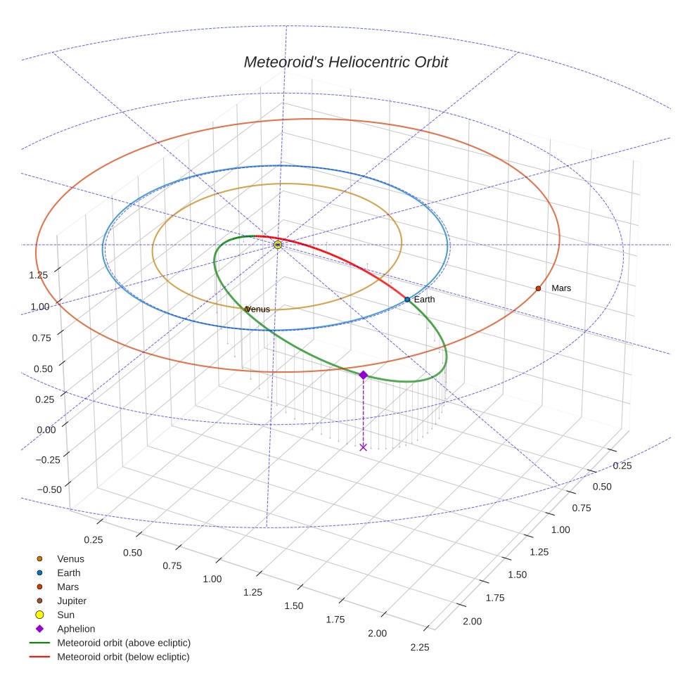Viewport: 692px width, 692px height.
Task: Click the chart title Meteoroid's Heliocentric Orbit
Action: (345, 62)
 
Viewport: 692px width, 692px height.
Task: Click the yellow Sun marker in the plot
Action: (278, 244)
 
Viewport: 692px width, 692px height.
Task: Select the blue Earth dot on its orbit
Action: (407, 300)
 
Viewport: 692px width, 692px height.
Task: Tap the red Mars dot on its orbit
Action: (538, 288)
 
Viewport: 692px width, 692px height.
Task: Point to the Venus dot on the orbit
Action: (247, 309)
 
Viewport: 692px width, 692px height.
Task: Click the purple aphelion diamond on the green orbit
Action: (363, 376)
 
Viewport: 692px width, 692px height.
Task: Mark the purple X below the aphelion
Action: (363, 447)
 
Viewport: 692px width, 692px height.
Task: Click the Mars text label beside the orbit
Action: (561, 288)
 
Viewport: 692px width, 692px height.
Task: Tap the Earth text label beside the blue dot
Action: (424, 300)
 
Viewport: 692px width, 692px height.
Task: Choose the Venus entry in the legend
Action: (70, 559)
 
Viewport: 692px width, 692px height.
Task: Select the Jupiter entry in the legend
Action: (72, 601)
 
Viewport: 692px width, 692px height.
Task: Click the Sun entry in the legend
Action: (65, 615)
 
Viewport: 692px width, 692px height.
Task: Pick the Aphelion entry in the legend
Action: (76, 629)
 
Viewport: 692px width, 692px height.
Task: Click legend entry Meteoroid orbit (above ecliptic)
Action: (124, 643)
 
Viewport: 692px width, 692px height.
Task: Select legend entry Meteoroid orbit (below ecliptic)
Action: (123, 658)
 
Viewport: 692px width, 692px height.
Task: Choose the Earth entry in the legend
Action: (69, 573)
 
